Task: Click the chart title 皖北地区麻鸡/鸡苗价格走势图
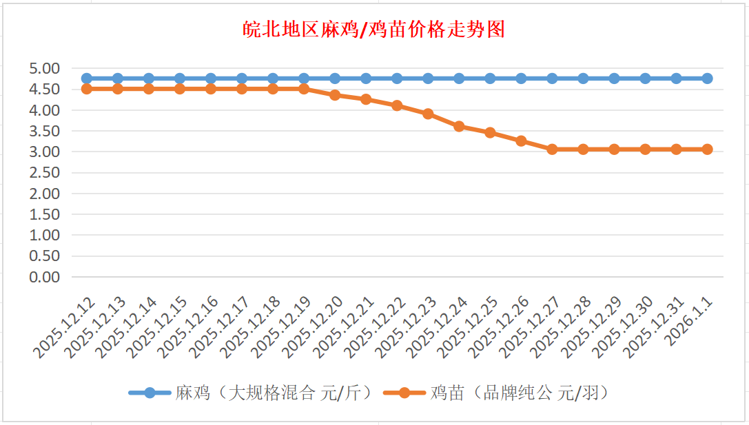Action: coord(374,30)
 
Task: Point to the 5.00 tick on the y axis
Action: coord(45,68)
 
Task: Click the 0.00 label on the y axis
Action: coord(45,276)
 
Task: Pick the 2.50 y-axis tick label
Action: coord(45,172)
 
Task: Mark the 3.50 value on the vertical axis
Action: coord(45,131)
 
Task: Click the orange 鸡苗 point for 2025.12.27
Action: coord(552,149)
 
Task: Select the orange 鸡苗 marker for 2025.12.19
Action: coord(304,89)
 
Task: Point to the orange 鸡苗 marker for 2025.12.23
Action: coord(428,114)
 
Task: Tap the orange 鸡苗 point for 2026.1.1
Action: coord(707,149)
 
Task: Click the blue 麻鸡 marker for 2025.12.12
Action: coord(87,79)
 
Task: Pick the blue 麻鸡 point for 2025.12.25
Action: coord(490,79)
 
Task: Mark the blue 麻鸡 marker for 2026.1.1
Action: coord(707,79)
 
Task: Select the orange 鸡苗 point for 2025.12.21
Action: coord(366,99)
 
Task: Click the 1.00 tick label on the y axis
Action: coord(45,235)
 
